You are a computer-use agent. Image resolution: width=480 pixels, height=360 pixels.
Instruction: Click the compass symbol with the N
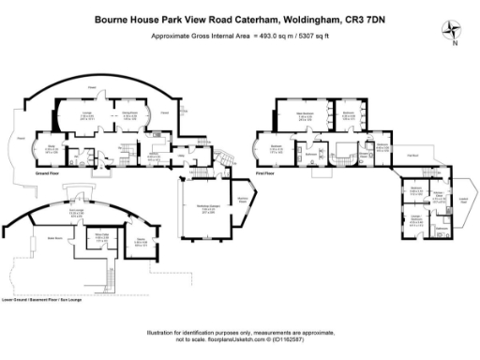(455, 29)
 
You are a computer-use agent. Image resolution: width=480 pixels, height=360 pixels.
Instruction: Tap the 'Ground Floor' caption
(49, 174)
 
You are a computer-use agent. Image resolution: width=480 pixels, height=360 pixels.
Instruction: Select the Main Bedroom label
(305, 114)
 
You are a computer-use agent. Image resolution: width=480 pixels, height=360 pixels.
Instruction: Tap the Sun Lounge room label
(66, 211)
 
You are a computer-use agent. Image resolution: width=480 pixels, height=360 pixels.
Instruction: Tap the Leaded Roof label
(462, 198)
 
